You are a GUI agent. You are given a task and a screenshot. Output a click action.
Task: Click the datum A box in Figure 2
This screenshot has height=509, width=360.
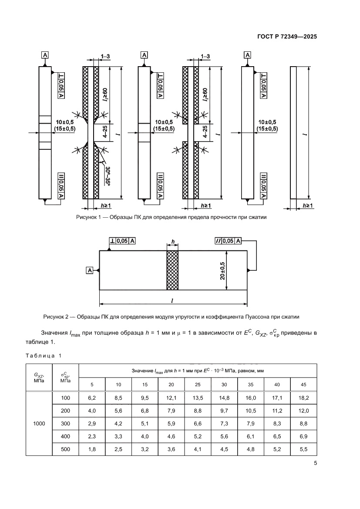point(90,270)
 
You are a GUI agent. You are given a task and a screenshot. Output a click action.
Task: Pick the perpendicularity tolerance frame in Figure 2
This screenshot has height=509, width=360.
point(122,241)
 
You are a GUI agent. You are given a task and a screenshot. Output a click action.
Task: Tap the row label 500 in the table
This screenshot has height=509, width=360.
point(65,448)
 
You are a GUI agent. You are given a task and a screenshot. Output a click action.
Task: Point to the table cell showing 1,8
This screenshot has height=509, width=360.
point(92,448)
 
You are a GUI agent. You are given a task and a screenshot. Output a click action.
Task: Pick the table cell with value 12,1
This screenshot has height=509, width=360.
point(172,398)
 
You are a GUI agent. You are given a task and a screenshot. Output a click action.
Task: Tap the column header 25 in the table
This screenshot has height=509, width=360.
point(198,384)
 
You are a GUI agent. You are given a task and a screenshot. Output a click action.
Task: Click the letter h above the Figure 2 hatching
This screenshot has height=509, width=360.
point(172,242)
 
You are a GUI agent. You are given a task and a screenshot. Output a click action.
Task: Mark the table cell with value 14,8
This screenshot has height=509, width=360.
point(224,398)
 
